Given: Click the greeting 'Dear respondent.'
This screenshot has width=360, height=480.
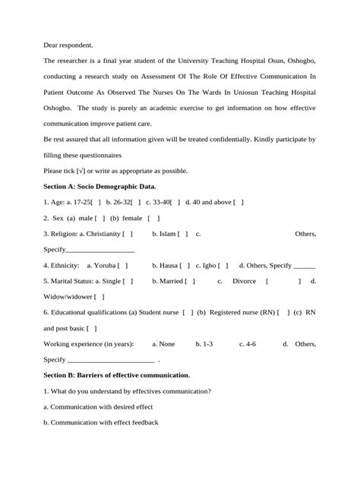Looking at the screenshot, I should tap(71, 45).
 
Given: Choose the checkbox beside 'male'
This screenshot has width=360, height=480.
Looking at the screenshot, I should tap(98, 218).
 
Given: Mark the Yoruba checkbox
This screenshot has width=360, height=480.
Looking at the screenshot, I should tap(122, 265).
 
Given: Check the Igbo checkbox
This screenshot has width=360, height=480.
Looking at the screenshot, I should tap(223, 265).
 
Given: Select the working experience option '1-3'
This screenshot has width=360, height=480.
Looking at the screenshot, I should tap(204, 344).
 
